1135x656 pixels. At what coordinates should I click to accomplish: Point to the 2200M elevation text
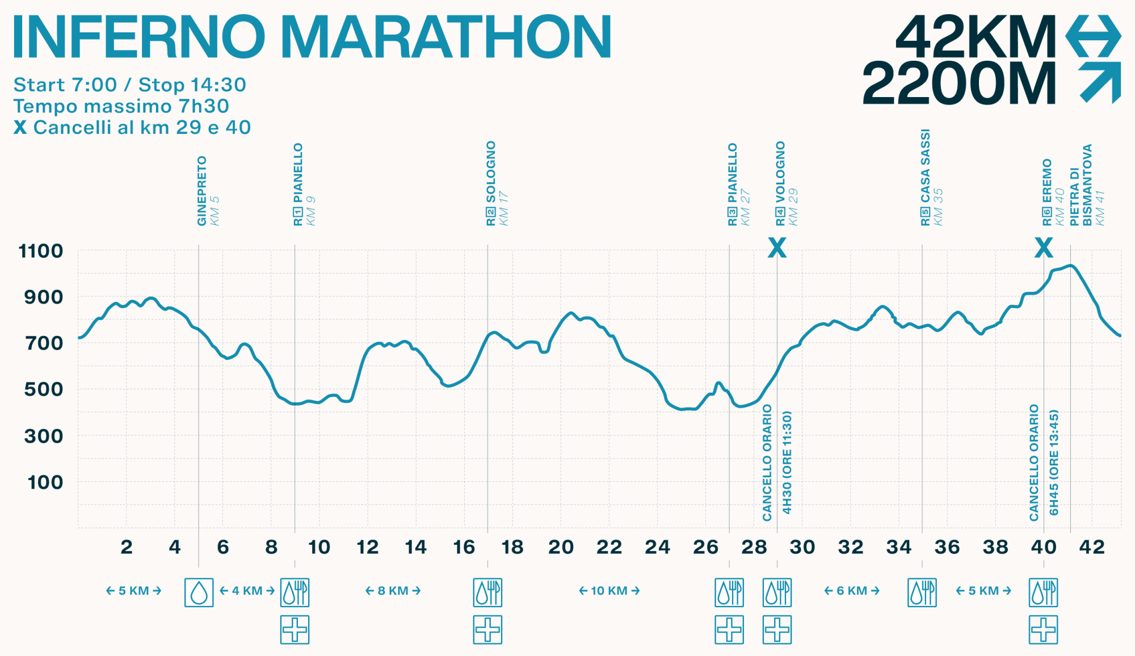point(959,83)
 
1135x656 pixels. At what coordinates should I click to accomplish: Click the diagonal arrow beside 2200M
point(1100,82)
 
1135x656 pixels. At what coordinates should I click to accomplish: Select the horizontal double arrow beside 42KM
point(1093,36)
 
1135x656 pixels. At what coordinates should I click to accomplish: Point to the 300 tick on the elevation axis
point(44,436)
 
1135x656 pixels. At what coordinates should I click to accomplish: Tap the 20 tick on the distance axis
point(561,547)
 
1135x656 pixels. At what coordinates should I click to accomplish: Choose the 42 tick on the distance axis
point(1092,547)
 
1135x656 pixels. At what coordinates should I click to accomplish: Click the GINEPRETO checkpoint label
point(202,191)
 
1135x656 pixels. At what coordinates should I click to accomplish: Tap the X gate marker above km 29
point(777,247)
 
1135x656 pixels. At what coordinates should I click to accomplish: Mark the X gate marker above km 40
point(1044,247)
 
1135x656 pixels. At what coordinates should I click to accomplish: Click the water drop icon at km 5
point(199,592)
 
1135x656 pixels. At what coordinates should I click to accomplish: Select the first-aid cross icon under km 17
point(487,630)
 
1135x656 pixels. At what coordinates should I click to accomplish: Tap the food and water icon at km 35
point(922,592)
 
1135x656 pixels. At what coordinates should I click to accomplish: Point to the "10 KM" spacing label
point(609,591)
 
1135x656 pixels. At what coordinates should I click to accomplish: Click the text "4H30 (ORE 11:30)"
point(787,462)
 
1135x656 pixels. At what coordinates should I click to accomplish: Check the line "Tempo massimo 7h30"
point(121,106)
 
